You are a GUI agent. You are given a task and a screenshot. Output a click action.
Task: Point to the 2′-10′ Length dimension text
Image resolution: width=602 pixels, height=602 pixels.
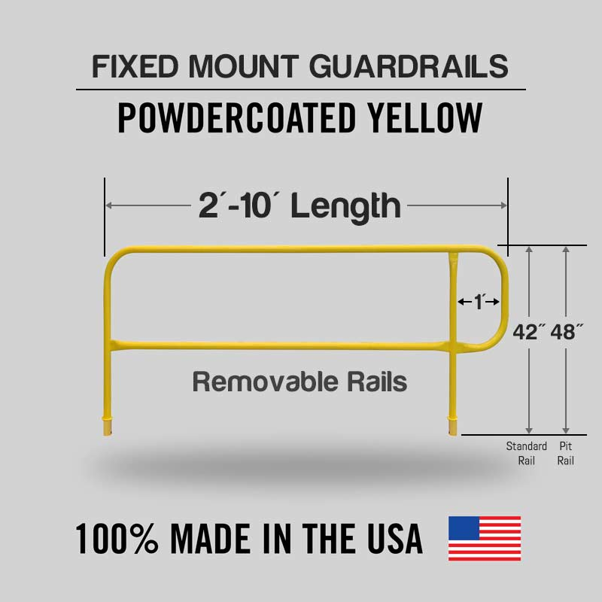tap(299, 205)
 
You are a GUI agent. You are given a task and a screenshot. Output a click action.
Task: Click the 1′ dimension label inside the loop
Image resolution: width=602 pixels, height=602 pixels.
tap(478, 302)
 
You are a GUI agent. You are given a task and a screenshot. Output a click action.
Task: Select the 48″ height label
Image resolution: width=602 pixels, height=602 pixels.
tap(567, 332)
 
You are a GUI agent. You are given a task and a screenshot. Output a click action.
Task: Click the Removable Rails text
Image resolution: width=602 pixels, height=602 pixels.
tap(299, 382)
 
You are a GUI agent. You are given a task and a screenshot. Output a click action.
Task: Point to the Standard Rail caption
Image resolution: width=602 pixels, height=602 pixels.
tap(526, 454)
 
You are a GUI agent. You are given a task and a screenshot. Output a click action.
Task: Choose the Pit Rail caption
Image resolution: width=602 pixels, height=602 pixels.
tap(566, 454)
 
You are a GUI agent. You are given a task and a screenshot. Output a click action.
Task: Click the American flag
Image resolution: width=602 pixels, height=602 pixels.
tap(485, 538)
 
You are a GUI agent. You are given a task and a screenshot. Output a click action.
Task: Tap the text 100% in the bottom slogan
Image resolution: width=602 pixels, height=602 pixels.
tap(117, 539)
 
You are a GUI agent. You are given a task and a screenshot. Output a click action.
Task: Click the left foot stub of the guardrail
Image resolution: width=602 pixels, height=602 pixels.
tap(107, 426)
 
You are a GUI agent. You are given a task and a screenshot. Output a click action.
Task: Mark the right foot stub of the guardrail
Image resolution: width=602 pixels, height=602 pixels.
tap(452, 426)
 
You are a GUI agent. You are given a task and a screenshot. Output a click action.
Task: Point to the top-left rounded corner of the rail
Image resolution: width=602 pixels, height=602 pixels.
tap(111, 256)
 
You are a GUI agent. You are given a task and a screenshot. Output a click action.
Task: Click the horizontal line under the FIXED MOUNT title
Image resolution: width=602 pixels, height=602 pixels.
tap(300, 90)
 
